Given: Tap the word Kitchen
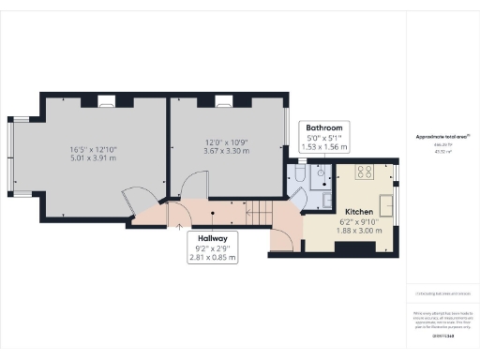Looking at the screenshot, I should point(362,212).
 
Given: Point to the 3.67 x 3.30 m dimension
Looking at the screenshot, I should point(224,151).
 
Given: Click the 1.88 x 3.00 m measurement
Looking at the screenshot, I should point(362,232).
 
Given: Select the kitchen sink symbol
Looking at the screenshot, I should point(385,201).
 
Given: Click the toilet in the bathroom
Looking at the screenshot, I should point(296,174).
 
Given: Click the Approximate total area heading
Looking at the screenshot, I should point(442,136).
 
